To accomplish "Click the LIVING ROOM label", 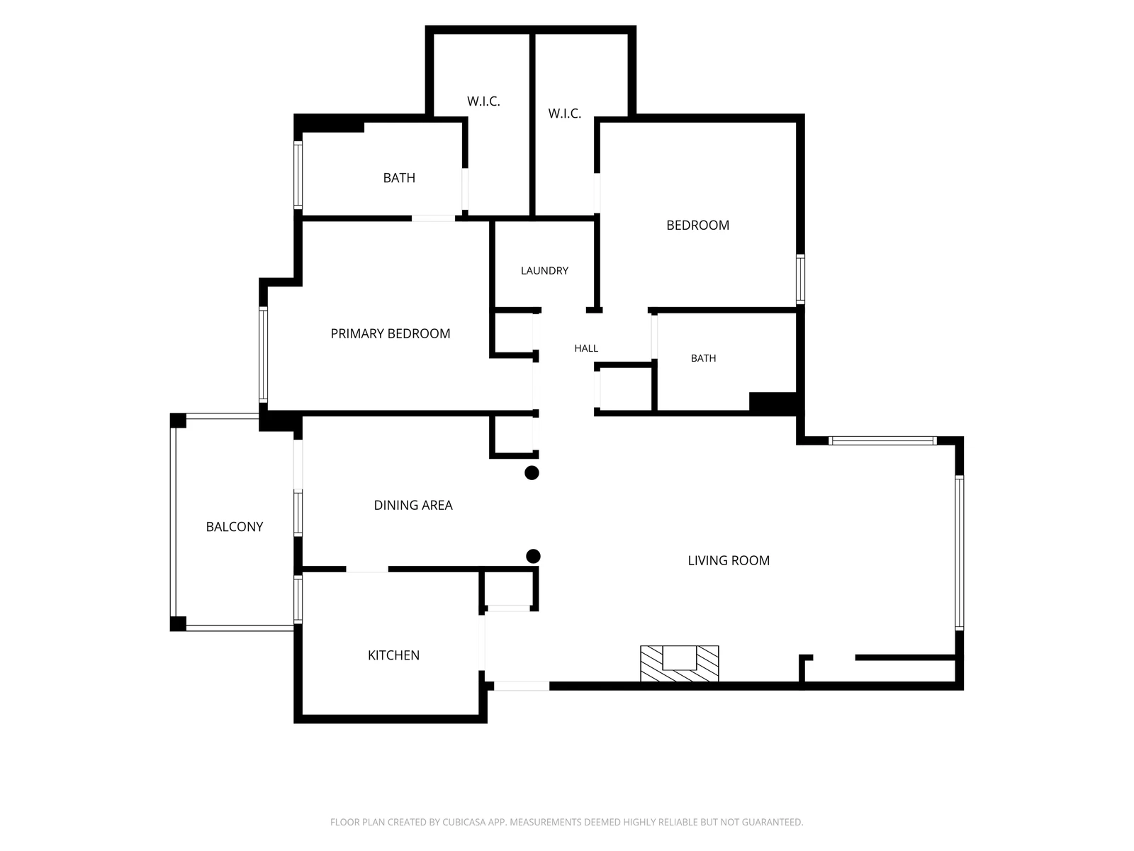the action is coord(729,561).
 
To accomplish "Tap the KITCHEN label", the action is coord(393,655).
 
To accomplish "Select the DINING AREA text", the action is coord(413,506).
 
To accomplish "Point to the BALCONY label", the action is coord(235,526).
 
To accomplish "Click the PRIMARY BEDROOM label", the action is coord(391,334).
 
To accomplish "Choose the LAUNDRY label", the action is coord(544,271).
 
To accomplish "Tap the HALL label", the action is coord(586,349).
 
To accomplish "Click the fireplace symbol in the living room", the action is coord(680,664).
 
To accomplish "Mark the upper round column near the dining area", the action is coord(532,473).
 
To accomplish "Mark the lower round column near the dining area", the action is coord(533,556).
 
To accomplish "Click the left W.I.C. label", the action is coord(483,101).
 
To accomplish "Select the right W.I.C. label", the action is coord(565,113).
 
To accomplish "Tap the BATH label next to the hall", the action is coord(704,358).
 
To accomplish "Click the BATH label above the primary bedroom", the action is coord(399,178).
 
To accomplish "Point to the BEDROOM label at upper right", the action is coord(698,226).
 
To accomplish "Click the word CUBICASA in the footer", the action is coord(464,822).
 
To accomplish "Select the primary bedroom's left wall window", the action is coord(263,355).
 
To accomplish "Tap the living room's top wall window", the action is coord(882,440).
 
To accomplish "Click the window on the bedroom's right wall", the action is coord(800,279).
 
